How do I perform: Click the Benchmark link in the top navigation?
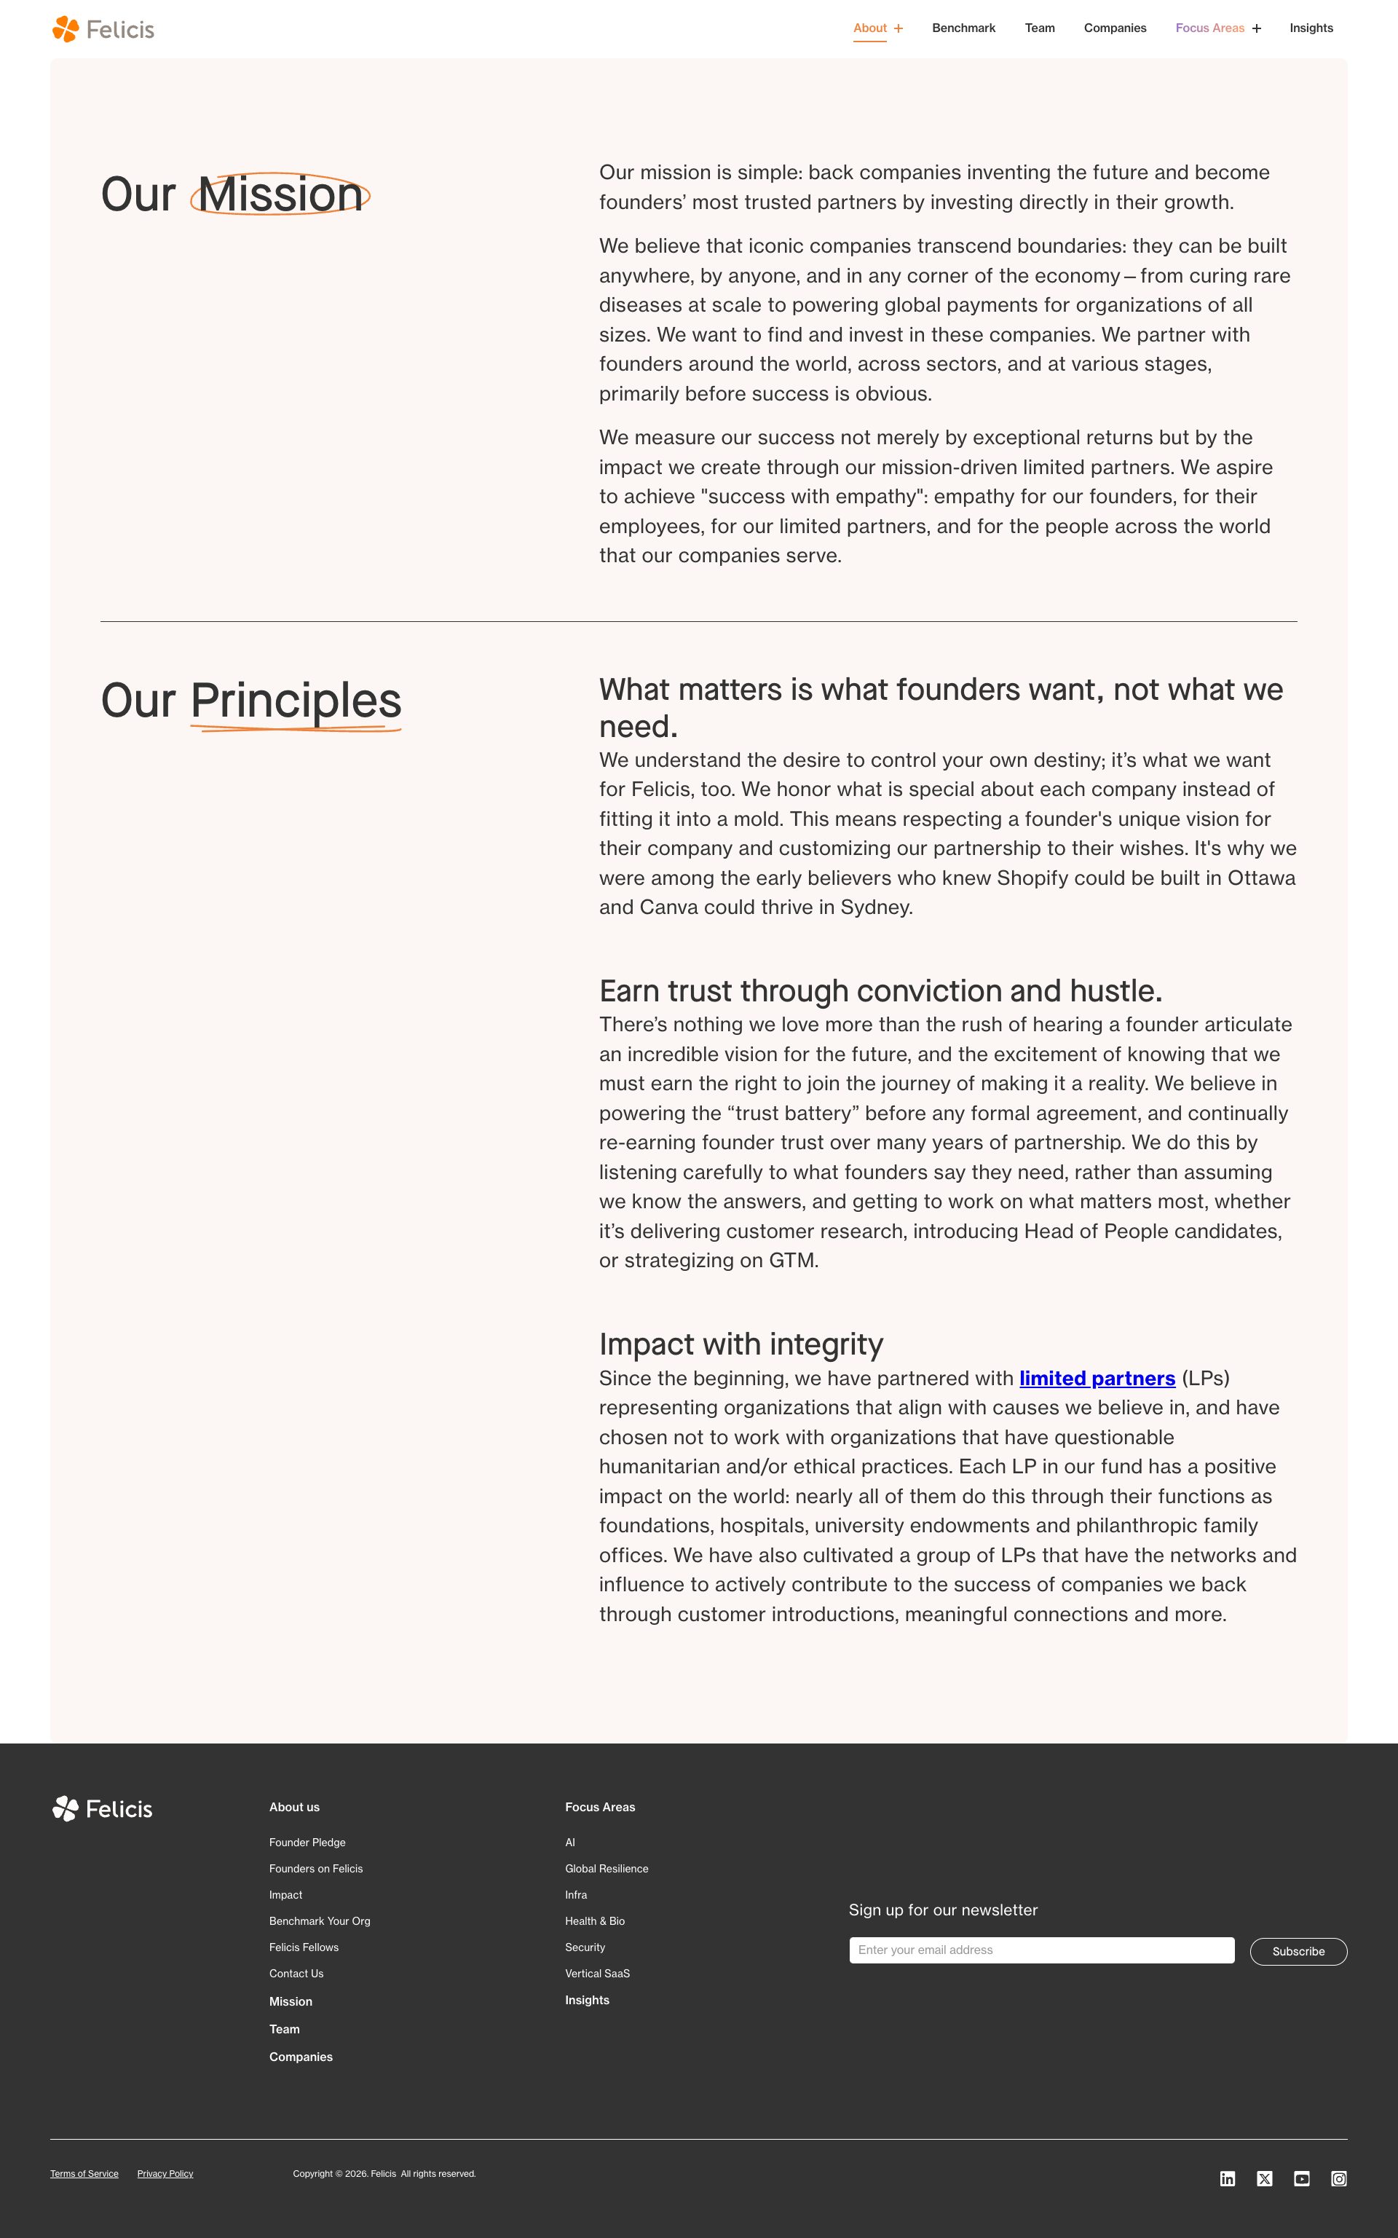pos(963,28)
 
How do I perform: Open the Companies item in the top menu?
pos(1114,28)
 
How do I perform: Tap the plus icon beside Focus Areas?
pos(1257,28)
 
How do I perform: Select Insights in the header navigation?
pos(1311,28)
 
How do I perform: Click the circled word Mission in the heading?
pos(280,195)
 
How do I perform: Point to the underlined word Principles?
pos(296,701)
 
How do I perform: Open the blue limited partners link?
pos(1097,1378)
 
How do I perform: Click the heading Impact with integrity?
pos(741,1344)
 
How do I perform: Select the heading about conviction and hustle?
pos(880,990)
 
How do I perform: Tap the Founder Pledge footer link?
pos(307,1843)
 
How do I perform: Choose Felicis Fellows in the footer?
pos(304,1947)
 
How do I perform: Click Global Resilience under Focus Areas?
pos(607,1868)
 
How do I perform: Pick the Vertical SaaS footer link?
pos(597,1973)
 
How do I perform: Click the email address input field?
pos(1041,1950)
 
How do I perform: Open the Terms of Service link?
pos(84,2173)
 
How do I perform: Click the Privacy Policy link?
pos(165,2173)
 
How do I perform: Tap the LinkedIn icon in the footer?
pos(1227,2179)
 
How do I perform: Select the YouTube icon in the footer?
pos(1301,2179)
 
